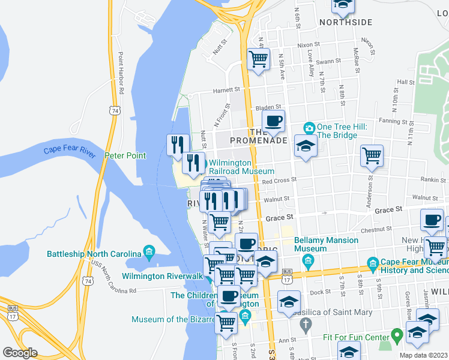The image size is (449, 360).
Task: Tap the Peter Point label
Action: [125, 155]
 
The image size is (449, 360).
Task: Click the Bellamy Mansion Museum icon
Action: [309, 260]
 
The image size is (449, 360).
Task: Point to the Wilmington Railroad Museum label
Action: [241, 167]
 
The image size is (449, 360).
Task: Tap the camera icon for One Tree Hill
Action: [309, 128]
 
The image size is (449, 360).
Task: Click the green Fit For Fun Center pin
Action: [396, 334]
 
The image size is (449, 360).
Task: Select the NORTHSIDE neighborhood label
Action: [346, 22]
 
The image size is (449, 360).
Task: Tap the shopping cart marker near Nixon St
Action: [258, 59]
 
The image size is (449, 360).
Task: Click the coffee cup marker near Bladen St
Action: [273, 121]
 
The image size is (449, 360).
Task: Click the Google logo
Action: [20, 352]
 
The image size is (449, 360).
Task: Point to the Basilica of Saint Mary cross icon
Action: [306, 326]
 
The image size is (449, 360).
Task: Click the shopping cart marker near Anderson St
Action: [372, 155]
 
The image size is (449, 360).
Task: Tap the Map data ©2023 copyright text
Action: [423, 355]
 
